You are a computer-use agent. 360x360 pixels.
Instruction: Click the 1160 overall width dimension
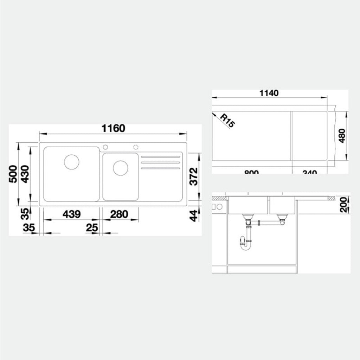coord(113,128)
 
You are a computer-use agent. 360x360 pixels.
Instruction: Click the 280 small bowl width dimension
coord(119,214)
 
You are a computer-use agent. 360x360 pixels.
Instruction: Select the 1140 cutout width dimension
coord(269,93)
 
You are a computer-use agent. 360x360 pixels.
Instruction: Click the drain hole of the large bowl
coord(72,161)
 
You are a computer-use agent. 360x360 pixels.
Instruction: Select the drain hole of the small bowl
coord(120,168)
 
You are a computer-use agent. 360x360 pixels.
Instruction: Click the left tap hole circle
coord(104,147)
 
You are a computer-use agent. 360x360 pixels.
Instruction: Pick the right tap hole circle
coord(136,147)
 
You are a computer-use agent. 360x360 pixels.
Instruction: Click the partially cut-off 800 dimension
coord(251,172)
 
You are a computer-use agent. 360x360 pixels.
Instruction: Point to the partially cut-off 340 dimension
coord(309,172)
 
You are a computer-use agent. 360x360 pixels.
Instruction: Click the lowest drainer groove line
coord(160,168)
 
